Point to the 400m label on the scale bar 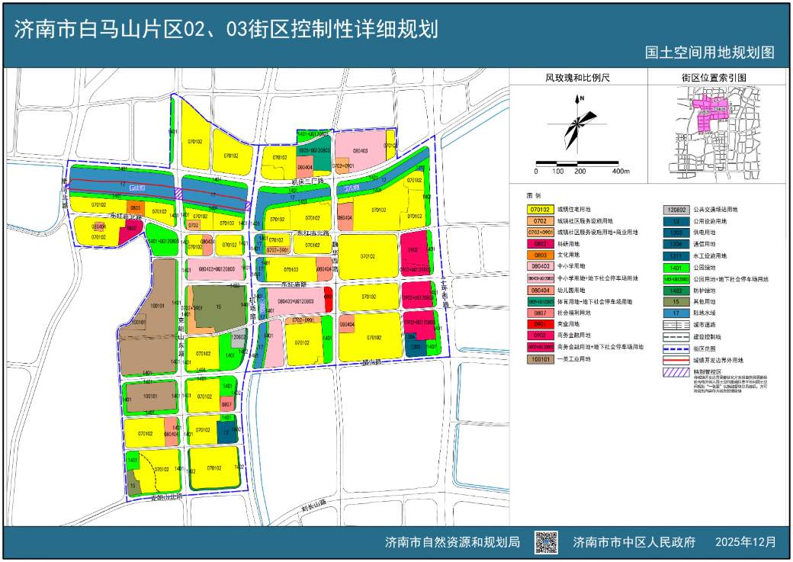point(621,171)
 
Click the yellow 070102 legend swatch point(540,209)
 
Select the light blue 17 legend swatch point(676,313)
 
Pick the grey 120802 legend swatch point(676,209)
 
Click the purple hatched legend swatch point(676,372)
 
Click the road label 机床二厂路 point(309,181)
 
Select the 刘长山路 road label point(313,503)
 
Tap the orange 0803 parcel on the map point(135,207)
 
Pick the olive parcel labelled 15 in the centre point(218,307)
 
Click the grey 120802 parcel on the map point(239,336)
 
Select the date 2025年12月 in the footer point(746,542)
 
